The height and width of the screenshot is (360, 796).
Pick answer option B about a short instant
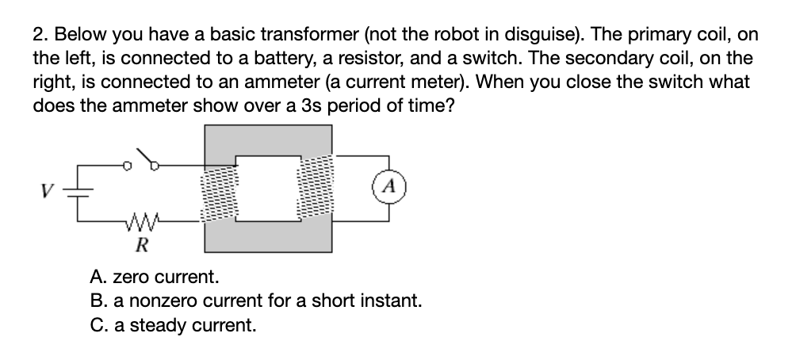[x=255, y=302]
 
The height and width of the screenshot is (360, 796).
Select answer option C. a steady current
[x=173, y=325]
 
